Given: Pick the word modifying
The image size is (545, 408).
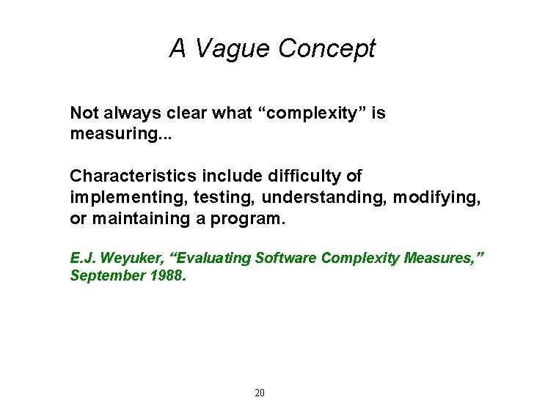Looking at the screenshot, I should tap(437, 199).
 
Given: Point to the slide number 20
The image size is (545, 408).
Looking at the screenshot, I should tap(259, 393).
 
